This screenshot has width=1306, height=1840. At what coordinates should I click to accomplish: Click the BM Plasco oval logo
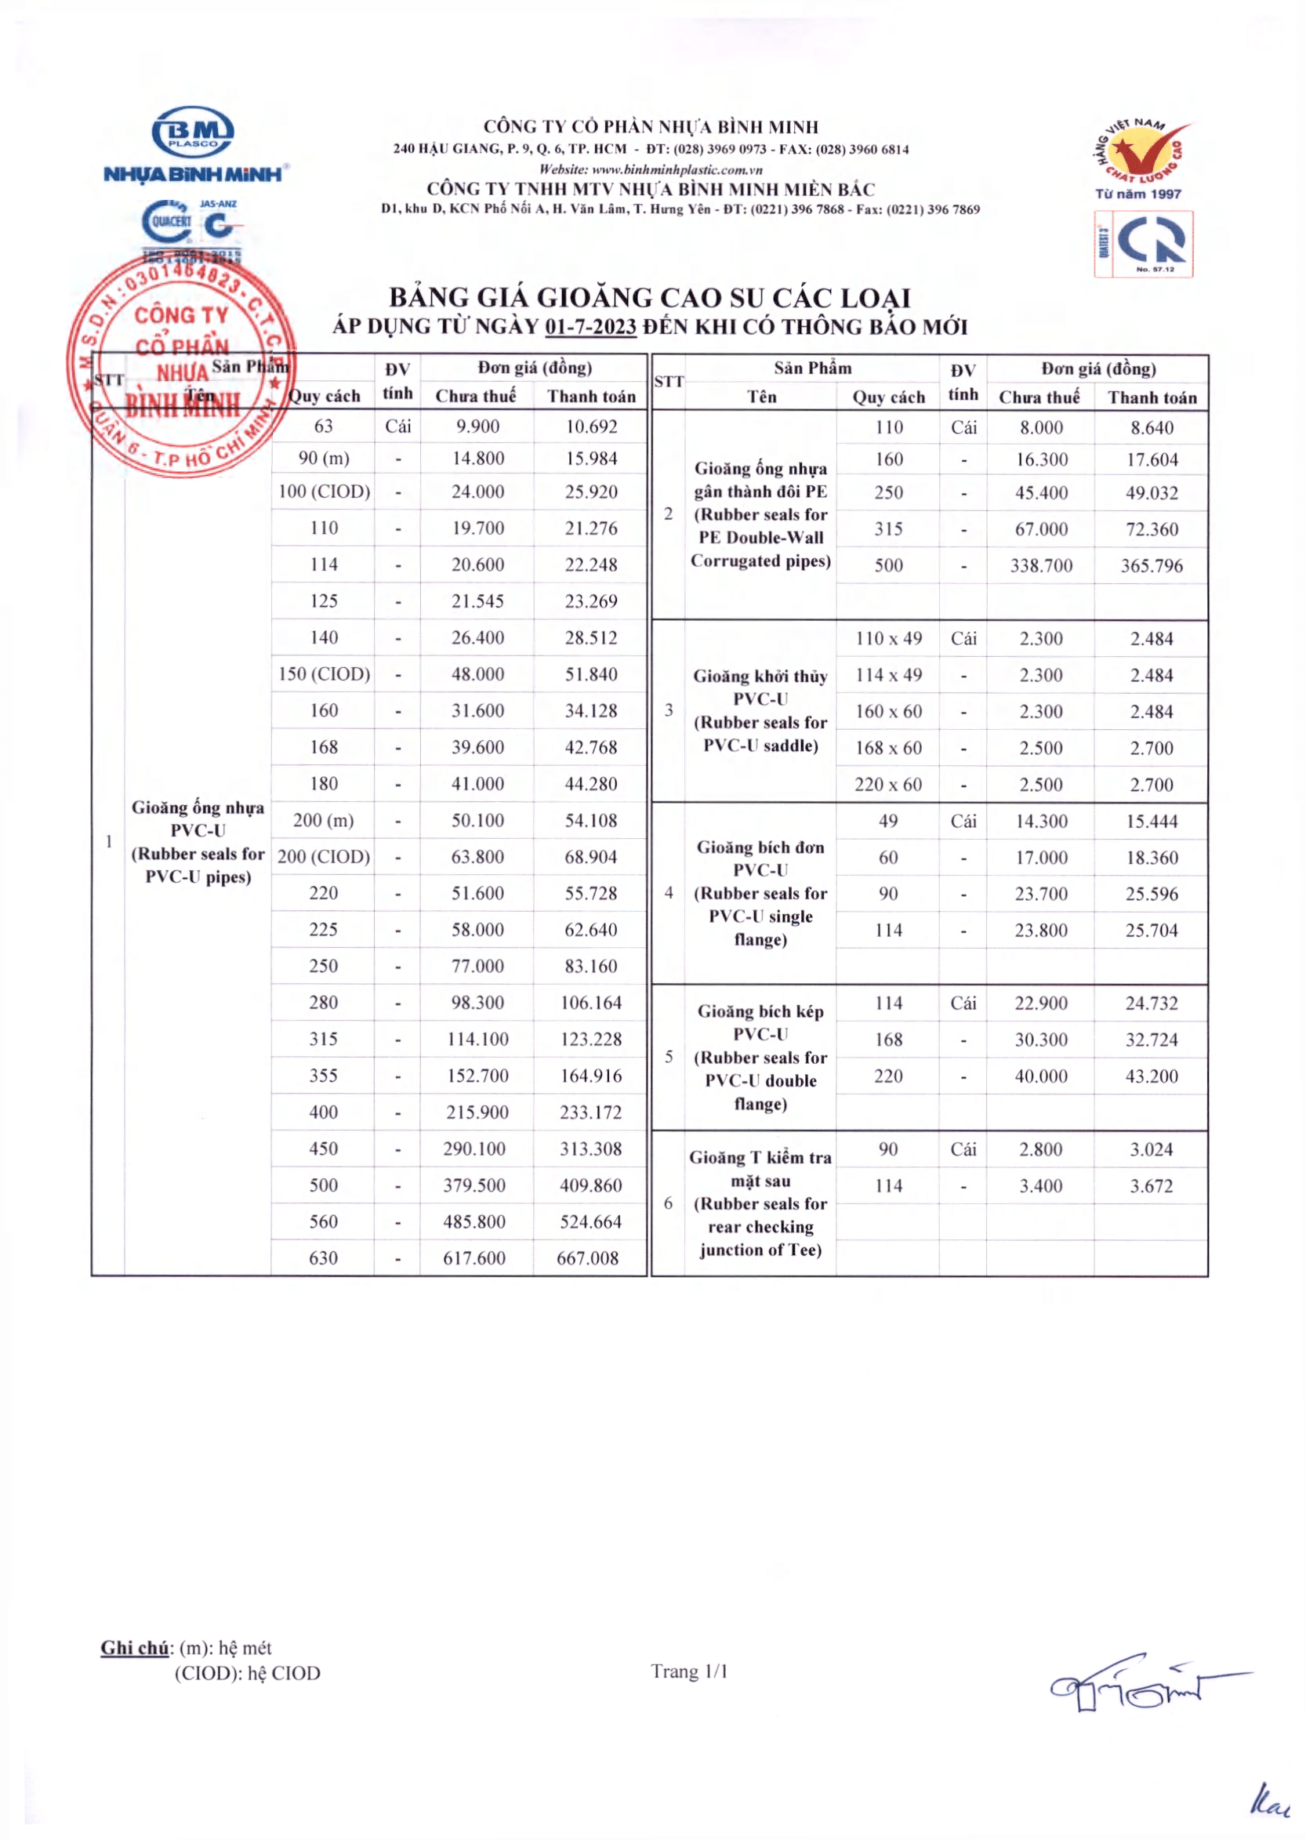point(193,132)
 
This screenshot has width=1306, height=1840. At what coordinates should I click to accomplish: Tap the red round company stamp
point(182,366)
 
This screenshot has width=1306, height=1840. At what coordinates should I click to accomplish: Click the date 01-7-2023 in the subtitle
point(590,327)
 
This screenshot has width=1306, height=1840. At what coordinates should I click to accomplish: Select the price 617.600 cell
point(474,1258)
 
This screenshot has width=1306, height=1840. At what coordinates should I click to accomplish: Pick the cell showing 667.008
point(588,1258)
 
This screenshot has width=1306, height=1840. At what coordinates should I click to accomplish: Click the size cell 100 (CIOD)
point(324,492)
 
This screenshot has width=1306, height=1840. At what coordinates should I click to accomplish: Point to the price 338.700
point(1041,565)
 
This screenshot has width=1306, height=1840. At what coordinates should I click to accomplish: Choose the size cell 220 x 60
point(888,784)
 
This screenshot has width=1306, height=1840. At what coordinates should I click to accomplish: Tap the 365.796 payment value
point(1152,565)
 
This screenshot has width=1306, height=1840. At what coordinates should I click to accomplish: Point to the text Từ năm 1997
point(1138,194)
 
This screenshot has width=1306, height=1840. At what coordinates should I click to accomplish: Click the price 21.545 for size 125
point(477,601)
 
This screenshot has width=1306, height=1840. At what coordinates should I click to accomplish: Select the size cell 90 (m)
point(323,459)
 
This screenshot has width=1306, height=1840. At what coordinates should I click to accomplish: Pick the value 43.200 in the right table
point(1152,1076)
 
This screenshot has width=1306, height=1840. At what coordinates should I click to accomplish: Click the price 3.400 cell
point(1040,1185)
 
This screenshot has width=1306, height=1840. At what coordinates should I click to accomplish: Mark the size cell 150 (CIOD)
point(324,674)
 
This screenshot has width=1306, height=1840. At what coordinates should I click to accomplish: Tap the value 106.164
point(591,1003)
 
